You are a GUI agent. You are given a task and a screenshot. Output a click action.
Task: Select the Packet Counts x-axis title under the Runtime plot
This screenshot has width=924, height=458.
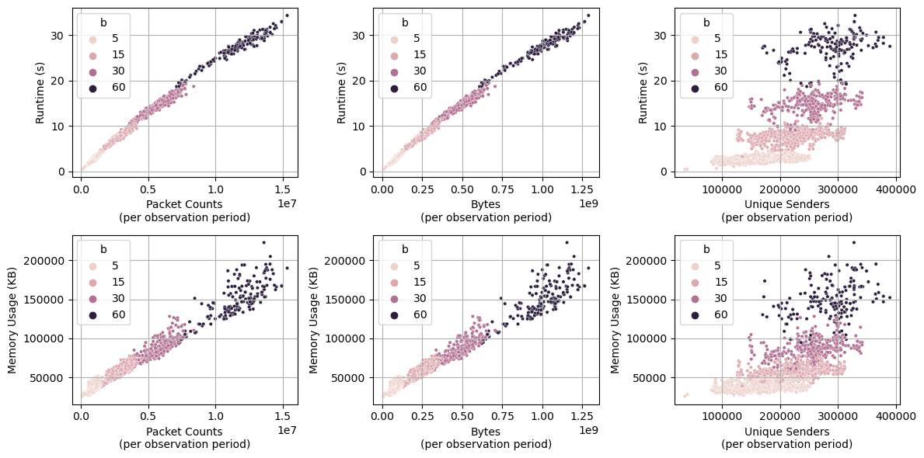(x=185, y=204)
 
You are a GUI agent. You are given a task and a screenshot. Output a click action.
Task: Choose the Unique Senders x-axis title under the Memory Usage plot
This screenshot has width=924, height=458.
(x=786, y=432)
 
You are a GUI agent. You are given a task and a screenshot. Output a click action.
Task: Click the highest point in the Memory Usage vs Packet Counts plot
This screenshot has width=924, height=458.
(x=263, y=242)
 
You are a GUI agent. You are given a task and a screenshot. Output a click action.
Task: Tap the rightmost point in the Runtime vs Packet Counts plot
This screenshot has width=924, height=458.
(x=287, y=16)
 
